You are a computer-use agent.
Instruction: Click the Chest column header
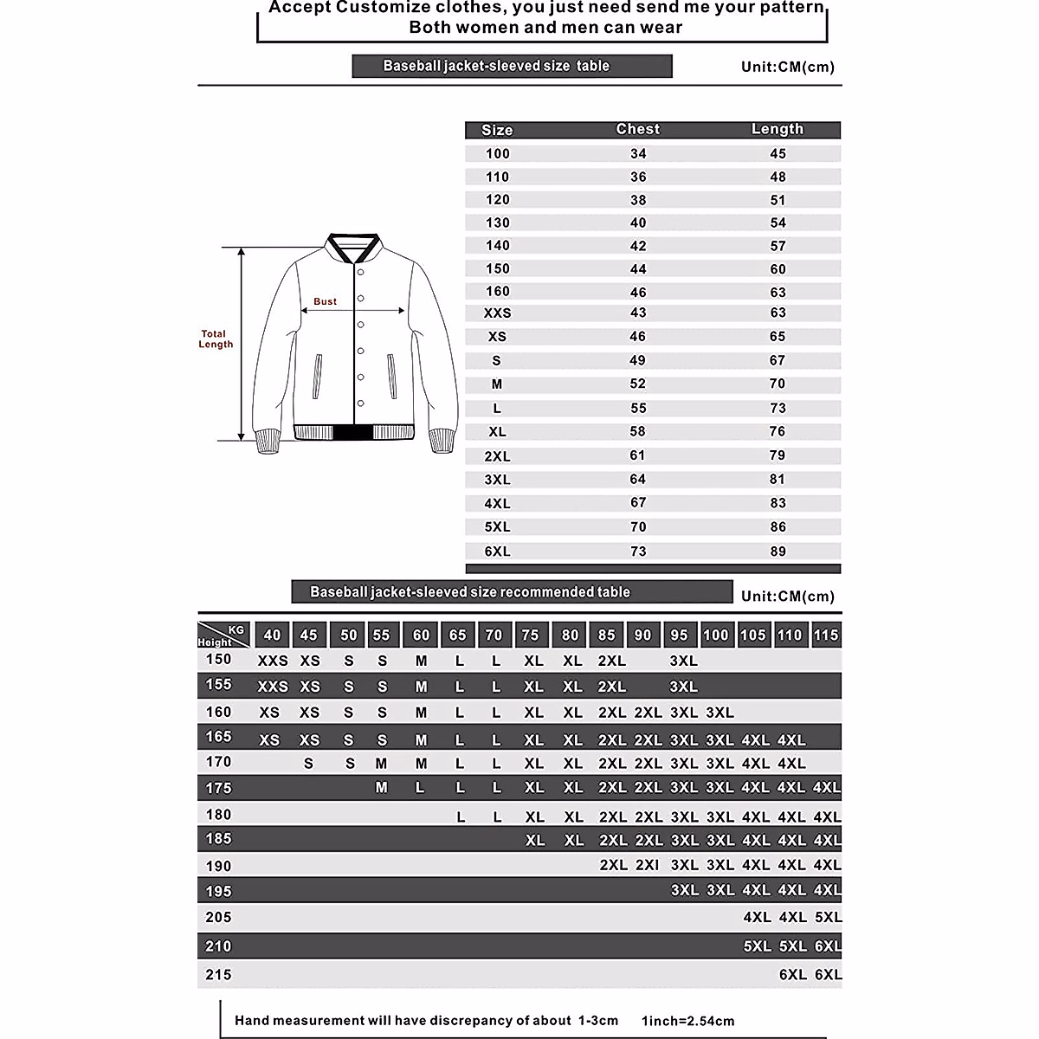point(637,129)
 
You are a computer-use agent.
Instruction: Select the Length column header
point(778,129)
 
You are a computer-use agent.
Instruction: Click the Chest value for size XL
point(637,431)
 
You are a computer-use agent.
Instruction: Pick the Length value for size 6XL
point(778,552)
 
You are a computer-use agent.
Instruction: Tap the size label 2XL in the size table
point(497,456)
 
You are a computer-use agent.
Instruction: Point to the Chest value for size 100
point(637,153)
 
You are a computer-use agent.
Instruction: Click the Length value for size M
point(778,384)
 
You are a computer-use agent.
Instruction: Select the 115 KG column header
point(826,635)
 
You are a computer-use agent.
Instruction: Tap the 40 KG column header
point(272,635)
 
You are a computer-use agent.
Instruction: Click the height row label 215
point(218,975)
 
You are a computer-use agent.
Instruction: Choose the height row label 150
point(218,660)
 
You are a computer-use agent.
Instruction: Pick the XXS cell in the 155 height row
point(273,687)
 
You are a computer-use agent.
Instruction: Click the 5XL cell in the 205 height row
point(828,917)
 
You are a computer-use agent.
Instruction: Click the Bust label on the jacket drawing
point(326,301)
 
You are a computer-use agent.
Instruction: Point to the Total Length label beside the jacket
point(215,339)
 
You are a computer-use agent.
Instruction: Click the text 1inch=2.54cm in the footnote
point(687,1021)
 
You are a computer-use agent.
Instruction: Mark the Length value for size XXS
point(778,313)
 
